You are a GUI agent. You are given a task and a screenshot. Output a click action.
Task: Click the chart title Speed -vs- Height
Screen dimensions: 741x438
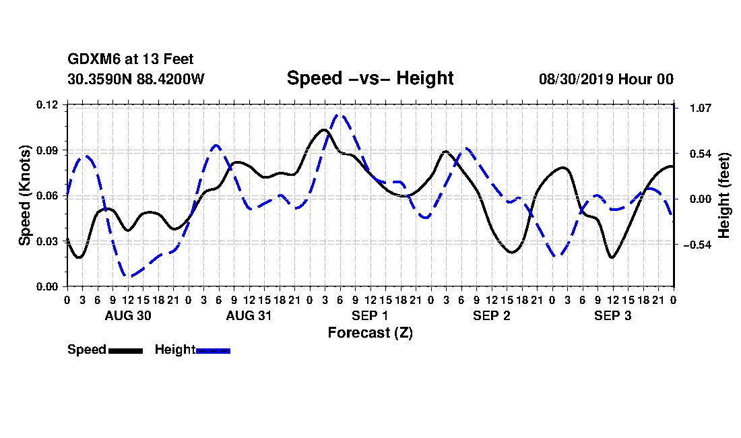click(370, 78)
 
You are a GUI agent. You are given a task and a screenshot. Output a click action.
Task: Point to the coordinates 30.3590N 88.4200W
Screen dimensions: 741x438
click(135, 79)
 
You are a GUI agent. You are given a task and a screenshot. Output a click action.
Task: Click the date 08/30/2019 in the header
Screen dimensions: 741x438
click(575, 79)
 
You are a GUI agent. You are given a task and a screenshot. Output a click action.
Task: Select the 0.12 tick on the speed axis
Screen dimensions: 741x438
click(46, 104)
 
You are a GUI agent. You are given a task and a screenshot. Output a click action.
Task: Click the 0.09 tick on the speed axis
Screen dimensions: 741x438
click(46, 150)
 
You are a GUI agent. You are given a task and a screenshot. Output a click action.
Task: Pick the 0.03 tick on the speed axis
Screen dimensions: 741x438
click(46, 241)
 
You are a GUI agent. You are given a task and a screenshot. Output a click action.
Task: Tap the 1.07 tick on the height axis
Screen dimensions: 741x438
click(701, 108)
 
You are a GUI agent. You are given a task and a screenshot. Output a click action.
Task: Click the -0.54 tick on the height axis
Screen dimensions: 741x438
click(697, 245)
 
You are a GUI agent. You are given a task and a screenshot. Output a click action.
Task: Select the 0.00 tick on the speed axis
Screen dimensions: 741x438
click(46, 287)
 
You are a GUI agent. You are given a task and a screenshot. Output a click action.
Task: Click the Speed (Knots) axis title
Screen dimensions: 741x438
click(24, 195)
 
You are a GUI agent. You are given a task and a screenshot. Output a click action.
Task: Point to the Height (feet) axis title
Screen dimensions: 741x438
click(724, 195)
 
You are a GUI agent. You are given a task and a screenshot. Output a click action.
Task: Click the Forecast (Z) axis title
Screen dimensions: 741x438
click(370, 333)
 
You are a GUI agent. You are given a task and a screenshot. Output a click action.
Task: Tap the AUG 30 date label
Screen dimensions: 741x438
click(127, 315)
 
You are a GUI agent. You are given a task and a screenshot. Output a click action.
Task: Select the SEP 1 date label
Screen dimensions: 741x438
click(370, 315)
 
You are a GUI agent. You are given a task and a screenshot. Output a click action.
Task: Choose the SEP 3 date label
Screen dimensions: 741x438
click(612, 315)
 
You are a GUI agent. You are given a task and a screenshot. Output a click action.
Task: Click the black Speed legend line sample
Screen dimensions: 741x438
click(125, 350)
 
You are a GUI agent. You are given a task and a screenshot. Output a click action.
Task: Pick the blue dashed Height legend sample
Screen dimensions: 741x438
click(213, 350)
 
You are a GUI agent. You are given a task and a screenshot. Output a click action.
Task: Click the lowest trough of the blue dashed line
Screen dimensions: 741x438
click(127, 276)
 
